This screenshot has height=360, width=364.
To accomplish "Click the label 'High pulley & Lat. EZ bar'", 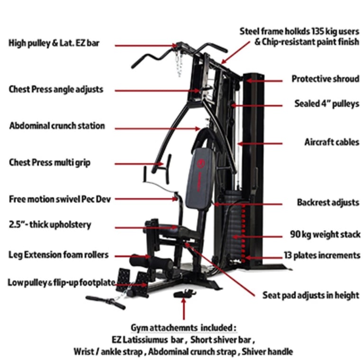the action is (54, 43).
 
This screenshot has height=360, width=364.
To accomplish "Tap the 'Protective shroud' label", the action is (325, 79).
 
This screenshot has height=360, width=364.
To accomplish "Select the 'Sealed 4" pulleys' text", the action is (327, 103).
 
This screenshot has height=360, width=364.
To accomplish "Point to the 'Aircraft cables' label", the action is (332, 142).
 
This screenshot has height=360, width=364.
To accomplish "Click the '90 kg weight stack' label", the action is (325, 234).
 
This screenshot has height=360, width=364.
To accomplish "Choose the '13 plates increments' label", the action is (322, 255).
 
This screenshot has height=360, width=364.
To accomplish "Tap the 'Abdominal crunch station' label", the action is (57, 126).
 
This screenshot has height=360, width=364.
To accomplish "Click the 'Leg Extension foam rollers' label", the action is (58, 255).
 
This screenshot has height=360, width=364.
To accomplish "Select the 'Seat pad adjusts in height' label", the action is (311, 295).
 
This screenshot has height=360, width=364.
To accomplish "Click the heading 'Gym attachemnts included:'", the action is (183, 328).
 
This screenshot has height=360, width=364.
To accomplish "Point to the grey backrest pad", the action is (200, 179).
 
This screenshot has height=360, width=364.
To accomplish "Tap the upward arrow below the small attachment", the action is (183, 309).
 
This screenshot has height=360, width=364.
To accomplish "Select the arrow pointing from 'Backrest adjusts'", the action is (248, 204).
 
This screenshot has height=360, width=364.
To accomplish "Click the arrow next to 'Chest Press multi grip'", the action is (139, 164).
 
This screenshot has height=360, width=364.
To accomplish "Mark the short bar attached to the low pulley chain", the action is (106, 303).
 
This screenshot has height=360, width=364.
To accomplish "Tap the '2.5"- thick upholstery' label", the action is (50, 225).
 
